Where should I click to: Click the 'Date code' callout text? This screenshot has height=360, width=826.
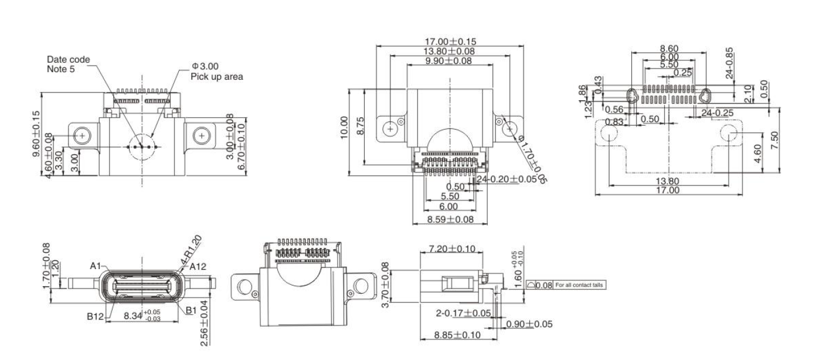[x=69, y=60]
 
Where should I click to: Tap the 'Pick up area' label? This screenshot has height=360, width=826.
[x=216, y=76]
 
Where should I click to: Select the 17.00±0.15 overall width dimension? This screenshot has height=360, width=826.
[x=449, y=42]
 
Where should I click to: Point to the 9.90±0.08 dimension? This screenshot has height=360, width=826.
[x=449, y=60]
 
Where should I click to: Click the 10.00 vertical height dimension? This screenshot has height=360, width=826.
[x=344, y=128]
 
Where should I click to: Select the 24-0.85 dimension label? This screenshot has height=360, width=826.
[x=728, y=63]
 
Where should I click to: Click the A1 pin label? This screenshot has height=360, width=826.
[x=97, y=266]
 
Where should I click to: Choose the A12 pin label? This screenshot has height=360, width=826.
[x=199, y=267]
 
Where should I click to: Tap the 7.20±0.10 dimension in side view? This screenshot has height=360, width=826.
[x=452, y=249]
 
